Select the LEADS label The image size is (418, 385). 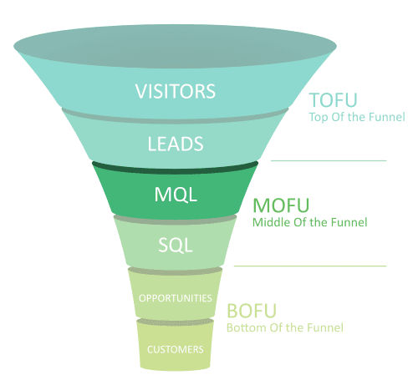(176, 143)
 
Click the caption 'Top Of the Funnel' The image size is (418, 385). (357, 117)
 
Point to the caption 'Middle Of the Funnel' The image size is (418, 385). (310, 222)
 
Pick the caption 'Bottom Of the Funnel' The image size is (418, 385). (285, 328)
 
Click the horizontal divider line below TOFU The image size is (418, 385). (329, 160)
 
